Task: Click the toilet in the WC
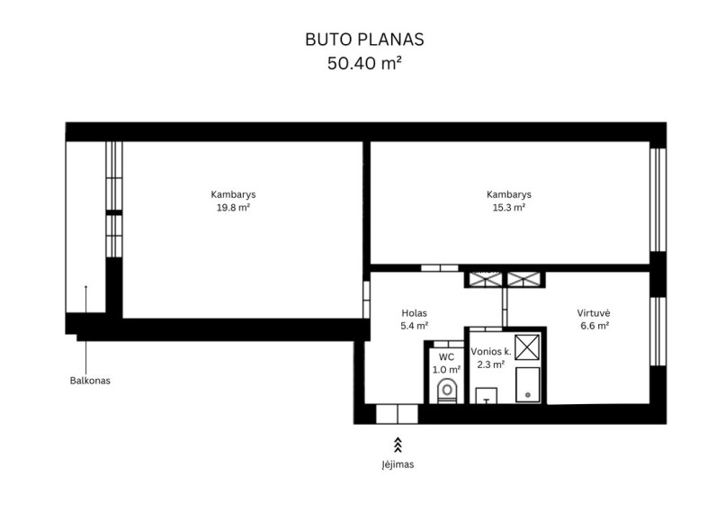click(447, 391)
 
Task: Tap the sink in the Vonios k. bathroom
click(486, 396)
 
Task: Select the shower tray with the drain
click(528, 385)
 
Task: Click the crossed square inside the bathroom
click(527, 346)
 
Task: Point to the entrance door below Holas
click(398, 414)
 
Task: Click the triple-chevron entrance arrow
click(398, 445)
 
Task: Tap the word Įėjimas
click(398, 464)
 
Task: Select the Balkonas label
click(90, 381)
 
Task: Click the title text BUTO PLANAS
click(364, 40)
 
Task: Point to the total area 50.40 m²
click(364, 63)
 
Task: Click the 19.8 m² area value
click(234, 208)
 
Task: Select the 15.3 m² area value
click(508, 208)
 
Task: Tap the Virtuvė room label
click(594, 313)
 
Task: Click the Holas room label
click(415, 313)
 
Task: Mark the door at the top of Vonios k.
click(486, 328)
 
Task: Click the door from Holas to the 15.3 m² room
click(439, 268)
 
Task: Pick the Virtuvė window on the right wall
click(658, 331)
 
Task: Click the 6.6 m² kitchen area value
click(595, 326)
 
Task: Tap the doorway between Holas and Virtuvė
click(505, 307)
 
